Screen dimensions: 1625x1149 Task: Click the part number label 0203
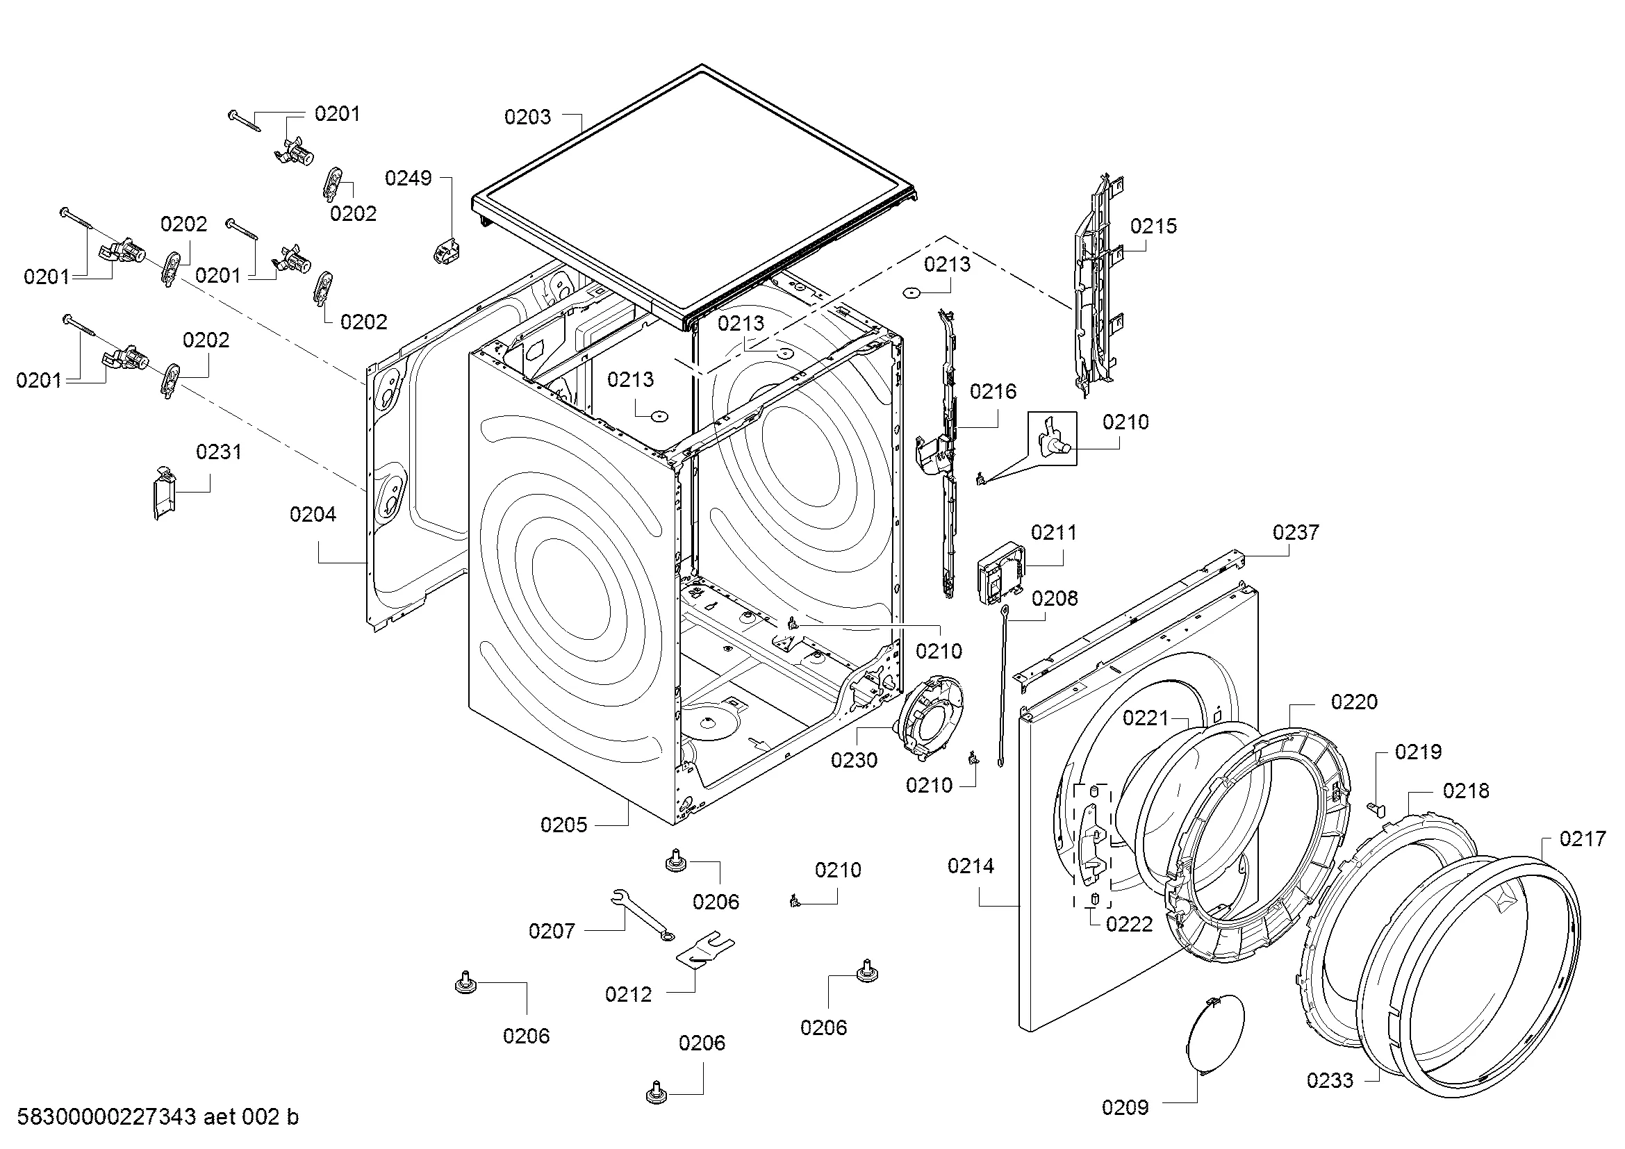coord(527,117)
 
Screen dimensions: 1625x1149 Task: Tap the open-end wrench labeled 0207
coord(641,915)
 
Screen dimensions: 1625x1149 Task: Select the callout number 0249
coord(409,178)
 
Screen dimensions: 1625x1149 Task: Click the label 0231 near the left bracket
coord(219,452)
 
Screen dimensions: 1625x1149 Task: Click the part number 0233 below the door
coord(1330,1080)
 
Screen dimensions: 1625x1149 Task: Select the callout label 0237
coord(1296,532)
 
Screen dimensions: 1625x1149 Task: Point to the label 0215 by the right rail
coord(1154,226)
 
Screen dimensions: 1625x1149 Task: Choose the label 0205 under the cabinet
coord(564,825)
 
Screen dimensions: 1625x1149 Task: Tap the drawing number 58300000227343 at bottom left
coord(106,1117)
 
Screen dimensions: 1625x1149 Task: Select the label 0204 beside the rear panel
coord(313,514)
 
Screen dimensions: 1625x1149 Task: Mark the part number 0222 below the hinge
coord(1130,924)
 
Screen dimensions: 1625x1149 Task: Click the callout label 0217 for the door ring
coord(1583,839)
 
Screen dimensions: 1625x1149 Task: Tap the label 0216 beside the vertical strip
coord(993,391)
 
